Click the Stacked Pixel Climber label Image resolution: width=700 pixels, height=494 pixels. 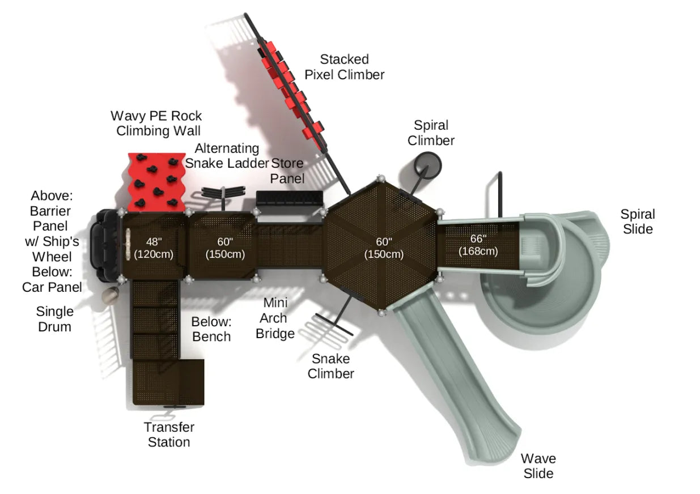click(344, 67)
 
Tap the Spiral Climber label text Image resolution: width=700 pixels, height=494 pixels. click(431, 133)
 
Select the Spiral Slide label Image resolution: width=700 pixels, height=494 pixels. click(637, 222)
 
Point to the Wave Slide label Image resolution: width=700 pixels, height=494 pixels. click(538, 466)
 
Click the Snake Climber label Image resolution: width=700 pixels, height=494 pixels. click(331, 366)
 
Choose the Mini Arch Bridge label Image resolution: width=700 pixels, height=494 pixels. click(275, 318)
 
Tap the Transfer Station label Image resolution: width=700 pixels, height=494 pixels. click(169, 435)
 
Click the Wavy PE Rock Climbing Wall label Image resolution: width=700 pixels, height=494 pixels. click(156, 123)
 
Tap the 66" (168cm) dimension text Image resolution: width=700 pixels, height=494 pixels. click(478, 244)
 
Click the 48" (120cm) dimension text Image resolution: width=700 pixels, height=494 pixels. click(152, 248)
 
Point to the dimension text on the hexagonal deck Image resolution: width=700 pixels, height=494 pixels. click(384, 248)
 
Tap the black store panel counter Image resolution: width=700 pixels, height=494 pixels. click(289, 198)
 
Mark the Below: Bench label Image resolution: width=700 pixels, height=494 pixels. click(211, 329)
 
